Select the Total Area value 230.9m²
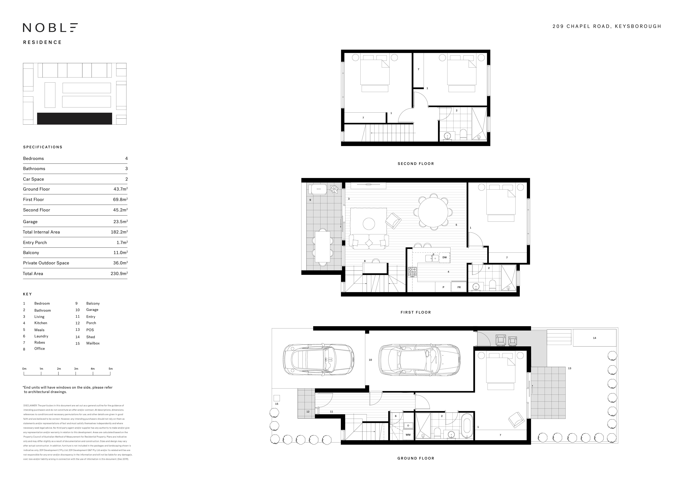click(x=119, y=273)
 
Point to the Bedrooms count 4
click(x=126, y=158)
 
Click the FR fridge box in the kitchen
click(x=459, y=287)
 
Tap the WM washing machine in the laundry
click(x=408, y=435)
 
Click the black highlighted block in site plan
click(x=74, y=118)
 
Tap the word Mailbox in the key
click(x=93, y=343)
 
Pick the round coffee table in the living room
click(x=369, y=224)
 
